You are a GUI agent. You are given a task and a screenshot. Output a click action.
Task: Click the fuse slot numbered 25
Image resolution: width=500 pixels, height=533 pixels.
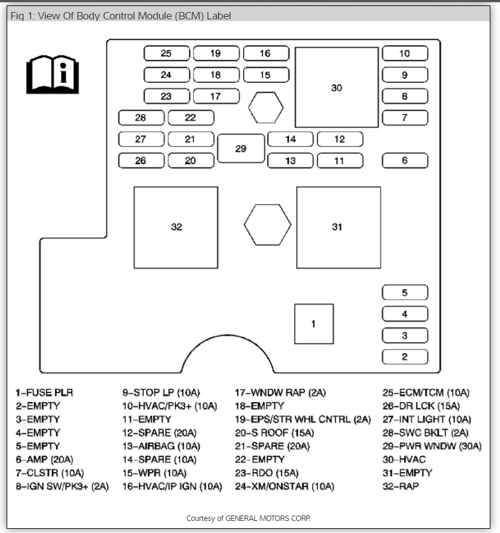[x=166, y=54]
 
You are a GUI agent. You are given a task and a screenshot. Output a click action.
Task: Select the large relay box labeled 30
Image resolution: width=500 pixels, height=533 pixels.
[x=337, y=88]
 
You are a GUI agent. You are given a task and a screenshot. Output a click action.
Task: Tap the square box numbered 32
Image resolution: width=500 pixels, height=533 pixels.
[x=176, y=227]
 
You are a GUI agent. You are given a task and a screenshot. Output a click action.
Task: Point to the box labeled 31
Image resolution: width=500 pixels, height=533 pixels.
[x=338, y=227]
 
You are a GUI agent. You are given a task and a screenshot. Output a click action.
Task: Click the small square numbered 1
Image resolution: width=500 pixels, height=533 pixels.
[x=314, y=324]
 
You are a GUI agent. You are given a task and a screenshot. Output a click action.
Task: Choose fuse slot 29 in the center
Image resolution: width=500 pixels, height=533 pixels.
[x=241, y=148]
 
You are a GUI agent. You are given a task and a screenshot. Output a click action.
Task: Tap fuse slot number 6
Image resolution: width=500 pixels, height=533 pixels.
[x=405, y=161]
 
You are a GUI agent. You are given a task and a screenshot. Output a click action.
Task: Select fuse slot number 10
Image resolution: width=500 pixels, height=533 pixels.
[x=405, y=54]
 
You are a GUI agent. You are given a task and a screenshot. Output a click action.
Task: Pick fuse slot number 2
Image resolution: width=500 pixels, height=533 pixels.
[x=405, y=357]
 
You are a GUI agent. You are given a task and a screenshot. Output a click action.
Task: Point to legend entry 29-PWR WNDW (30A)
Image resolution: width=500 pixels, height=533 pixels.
[x=432, y=446]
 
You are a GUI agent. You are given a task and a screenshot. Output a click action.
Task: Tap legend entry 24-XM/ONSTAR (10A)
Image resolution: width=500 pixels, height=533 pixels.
[x=285, y=486]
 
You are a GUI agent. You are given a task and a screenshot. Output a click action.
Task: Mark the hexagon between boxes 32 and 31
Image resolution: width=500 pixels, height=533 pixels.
[x=267, y=225]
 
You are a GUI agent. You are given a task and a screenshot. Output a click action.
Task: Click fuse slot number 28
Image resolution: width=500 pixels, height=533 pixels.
[x=141, y=118]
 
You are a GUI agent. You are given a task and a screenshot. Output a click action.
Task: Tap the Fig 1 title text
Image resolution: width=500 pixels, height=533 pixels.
[x=121, y=16]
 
